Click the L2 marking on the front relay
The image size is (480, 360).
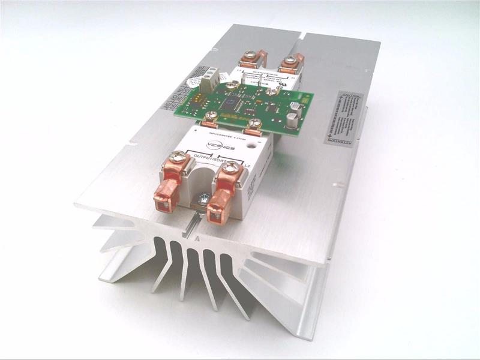coord(248,166)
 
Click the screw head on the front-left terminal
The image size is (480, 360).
coord(176,158)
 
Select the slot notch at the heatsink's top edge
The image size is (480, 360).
coord(300,35)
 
